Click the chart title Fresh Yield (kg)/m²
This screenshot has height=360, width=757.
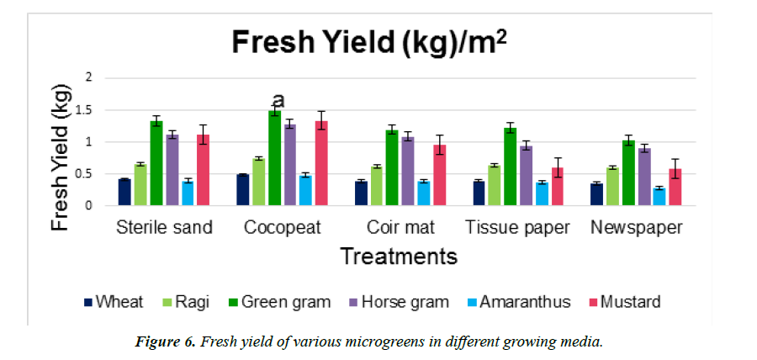(x=369, y=41)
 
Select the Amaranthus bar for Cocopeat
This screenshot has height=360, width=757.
(x=305, y=190)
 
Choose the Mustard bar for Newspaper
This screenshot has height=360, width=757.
(x=675, y=187)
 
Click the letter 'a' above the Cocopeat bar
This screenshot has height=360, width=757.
(x=278, y=100)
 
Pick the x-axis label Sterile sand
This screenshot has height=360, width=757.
(x=164, y=228)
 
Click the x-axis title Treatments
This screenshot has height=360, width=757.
(x=398, y=256)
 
